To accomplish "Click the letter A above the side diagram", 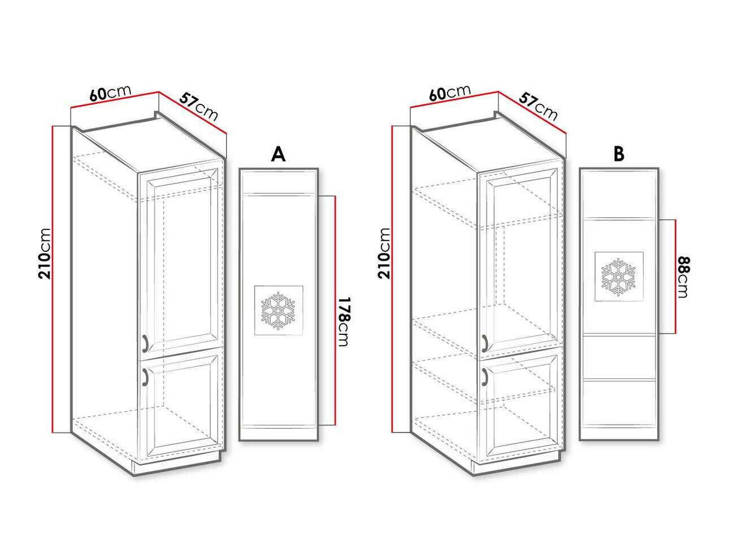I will coord(278,154).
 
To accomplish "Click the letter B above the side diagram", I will coord(619,154).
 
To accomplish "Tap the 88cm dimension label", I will coord(683,277).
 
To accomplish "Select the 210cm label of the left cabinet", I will coord(45,254).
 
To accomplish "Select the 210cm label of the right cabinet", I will coord(384,254).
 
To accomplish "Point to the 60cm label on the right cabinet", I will coord(450,93).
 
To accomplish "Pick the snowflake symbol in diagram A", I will coord(278,310).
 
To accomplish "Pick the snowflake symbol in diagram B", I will coord(618,277).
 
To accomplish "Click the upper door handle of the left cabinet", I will coord(145,342).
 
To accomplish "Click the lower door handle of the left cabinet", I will coord(145,375).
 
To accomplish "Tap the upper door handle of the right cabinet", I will coord(484,342).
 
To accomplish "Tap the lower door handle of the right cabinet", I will coord(484,375).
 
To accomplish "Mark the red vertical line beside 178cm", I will coord(336,311).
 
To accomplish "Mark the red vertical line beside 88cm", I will coord(675,277).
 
